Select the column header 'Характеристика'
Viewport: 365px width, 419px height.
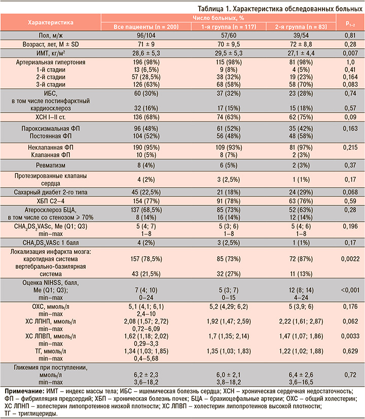pyautogui.click(x=51, y=22)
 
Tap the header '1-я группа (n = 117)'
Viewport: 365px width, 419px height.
pyautogui.click(x=229, y=27)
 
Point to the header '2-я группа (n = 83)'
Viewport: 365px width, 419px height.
pyautogui.click(x=301, y=27)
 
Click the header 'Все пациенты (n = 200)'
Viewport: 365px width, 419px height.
pyautogui.click(x=146, y=27)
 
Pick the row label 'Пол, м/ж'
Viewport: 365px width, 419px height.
pyautogui.click(x=51, y=36)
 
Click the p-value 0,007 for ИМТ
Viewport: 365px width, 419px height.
pyautogui.click(x=350, y=53)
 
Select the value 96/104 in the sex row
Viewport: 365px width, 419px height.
pyautogui.click(x=146, y=36)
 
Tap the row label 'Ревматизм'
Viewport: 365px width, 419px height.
pyautogui.click(x=51, y=165)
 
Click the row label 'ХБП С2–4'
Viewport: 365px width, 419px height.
pyautogui.click(x=51, y=201)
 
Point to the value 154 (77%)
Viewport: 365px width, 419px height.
pyautogui.click(x=146, y=201)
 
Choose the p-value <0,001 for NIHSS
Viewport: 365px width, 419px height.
pyautogui.click(x=350, y=290)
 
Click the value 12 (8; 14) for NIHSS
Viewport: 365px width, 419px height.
pyautogui.click(x=301, y=290)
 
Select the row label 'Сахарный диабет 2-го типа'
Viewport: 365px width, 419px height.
pyautogui.click(x=51, y=192)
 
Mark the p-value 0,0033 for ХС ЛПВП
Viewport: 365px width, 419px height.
pyautogui.click(x=350, y=336)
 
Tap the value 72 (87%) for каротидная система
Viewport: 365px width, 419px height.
pyautogui.click(x=301, y=259)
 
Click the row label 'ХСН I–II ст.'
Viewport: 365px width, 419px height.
pyautogui.click(x=51, y=117)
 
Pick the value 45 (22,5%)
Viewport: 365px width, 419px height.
pyautogui.click(x=146, y=192)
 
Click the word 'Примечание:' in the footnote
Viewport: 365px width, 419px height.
pyautogui.click(x=24, y=391)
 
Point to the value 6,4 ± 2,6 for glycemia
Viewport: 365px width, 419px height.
pyautogui.click(x=301, y=375)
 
